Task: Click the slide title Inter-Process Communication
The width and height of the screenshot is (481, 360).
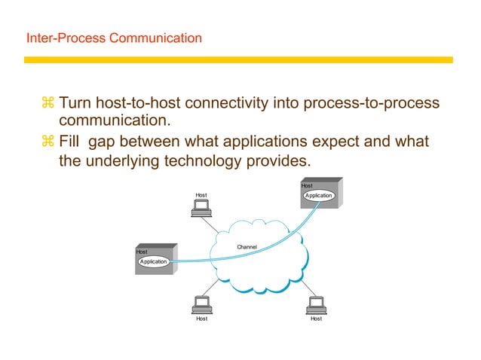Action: click(x=114, y=37)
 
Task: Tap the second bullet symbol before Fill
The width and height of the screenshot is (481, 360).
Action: click(x=48, y=142)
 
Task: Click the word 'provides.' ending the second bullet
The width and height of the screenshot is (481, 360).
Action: click(x=279, y=161)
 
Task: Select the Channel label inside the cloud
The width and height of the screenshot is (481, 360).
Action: click(x=247, y=247)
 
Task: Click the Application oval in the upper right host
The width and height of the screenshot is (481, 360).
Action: click(x=318, y=196)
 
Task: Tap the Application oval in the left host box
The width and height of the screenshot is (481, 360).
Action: click(x=153, y=261)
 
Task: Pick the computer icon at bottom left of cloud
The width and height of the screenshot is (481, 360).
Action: click(x=201, y=305)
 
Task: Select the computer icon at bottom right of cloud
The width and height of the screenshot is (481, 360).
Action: click(x=316, y=305)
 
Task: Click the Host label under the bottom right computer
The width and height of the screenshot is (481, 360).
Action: click(x=316, y=319)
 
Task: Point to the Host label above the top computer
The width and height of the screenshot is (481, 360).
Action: click(x=201, y=195)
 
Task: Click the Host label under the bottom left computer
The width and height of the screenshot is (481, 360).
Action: click(x=201, y=319)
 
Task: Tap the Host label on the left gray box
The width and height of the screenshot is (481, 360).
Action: click(x=142, y=252)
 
